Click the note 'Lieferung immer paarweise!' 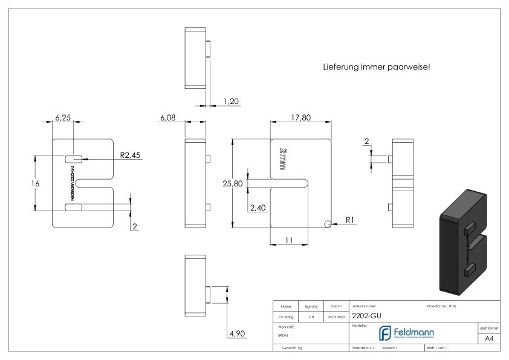tap(377, 67)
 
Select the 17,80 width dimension tap(300, 117)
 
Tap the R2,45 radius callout tap(130, 155)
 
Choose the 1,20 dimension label tap(230, 102)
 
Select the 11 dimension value tap(289, 240)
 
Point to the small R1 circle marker tap(328, 224)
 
